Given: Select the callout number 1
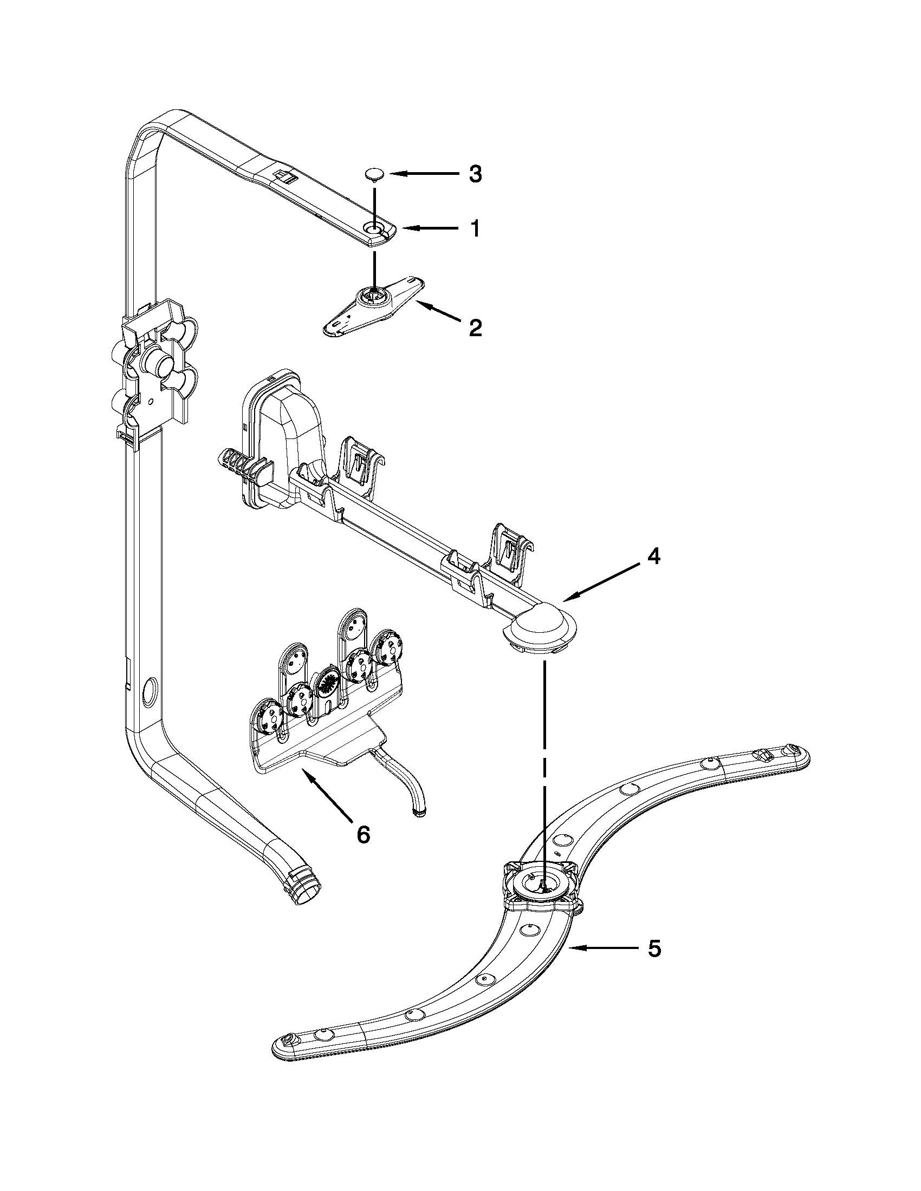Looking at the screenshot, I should tap(475, 229).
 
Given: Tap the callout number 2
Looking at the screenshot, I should tap(475, 328).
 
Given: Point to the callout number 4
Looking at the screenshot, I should tap(653, 557).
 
